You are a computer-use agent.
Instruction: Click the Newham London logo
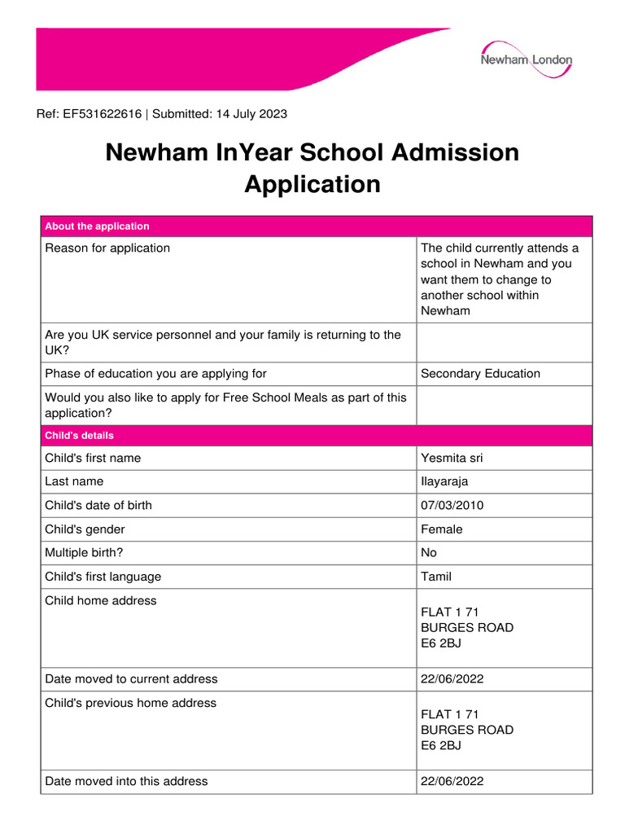coord(526,60)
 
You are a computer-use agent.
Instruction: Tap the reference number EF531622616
coord(102,114)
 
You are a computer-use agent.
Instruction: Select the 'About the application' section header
coord(97,226)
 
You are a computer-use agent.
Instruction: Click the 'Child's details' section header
coord(79,436)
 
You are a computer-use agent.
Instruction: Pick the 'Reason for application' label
coord(107,248)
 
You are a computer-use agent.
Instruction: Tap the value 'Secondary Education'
coord(480,374)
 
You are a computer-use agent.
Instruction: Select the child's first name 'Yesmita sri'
coord(451,459)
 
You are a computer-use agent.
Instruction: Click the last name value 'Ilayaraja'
coord(444,482)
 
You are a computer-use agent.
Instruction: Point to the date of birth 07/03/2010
coord(452,506)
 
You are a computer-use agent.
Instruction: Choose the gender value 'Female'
coord(441,529)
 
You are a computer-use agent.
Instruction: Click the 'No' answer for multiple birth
coord(429,553)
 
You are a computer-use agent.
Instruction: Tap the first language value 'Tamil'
coord(436,577)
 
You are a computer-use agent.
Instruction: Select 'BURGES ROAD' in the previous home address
coord(467,730)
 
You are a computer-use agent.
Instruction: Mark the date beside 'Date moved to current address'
coord(452,679)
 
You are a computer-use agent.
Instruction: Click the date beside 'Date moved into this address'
coord(452,782)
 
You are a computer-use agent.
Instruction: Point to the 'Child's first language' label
coord(103,577)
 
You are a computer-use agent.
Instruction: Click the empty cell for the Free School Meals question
coord(504,406)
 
